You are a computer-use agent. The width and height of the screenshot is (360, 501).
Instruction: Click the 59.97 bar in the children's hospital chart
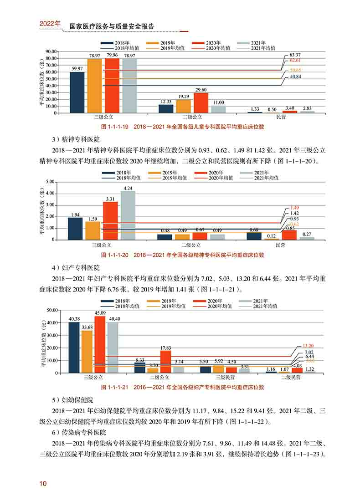77,92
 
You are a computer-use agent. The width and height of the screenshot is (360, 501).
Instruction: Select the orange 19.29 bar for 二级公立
183,106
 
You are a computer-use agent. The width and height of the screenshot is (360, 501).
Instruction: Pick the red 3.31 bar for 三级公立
110,220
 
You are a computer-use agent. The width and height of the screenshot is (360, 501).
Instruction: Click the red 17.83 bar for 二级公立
166,361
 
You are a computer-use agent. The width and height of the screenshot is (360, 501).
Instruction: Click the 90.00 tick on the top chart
50,51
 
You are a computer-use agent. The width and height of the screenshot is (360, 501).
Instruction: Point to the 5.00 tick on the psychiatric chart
50,182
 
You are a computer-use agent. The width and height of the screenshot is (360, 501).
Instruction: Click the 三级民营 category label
226,378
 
